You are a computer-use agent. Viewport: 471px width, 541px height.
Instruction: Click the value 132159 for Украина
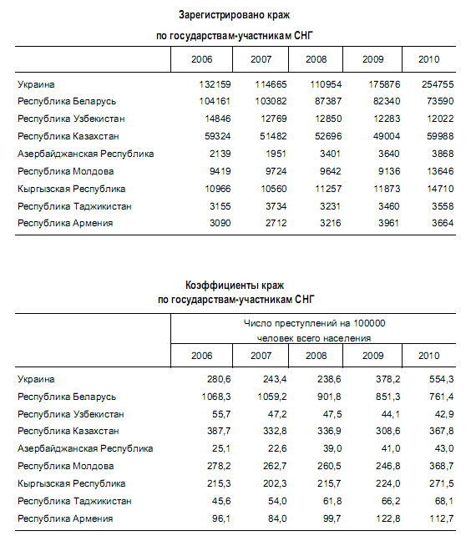coord(215,84)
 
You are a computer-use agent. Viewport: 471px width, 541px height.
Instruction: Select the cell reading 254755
coord(438,84)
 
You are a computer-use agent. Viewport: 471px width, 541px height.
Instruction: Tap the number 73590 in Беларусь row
coord(440,102)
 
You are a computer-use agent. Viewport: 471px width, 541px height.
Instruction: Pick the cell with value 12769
coord(274,119)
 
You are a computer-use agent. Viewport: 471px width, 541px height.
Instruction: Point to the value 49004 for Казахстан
coord(387,136)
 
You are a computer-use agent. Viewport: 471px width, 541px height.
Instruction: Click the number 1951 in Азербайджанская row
coord(276,154)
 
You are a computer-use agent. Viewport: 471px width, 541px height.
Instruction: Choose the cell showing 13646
coord(440,171)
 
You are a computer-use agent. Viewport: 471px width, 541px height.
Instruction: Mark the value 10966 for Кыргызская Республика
coord(218,189)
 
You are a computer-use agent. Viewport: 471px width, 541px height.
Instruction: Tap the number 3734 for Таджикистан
coord(276,207)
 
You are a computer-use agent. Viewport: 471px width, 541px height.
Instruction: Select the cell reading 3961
coord(389,223)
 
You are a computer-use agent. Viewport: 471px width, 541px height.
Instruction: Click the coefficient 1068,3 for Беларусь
coord(216,397)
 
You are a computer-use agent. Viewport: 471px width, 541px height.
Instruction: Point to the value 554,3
coord(441,380)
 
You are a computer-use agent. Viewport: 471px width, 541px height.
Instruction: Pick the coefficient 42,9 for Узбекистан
coord(444,414)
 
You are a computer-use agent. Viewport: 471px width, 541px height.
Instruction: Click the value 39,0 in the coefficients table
coord(332,449)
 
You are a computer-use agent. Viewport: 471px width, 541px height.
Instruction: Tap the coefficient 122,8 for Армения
coord(388,519)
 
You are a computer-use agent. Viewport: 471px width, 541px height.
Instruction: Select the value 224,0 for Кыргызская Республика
coord(388,483)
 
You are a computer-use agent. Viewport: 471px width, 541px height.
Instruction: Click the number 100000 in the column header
coord(369,324)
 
